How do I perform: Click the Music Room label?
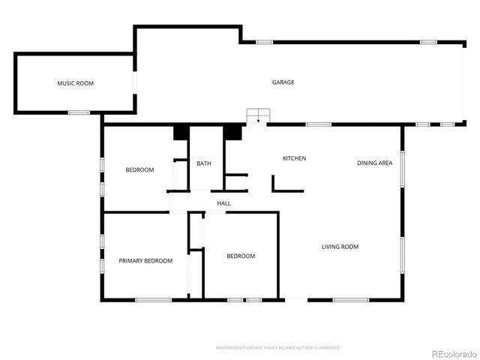(75, 83)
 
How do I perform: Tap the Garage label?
(283, 82)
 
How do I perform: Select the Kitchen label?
(294, 158)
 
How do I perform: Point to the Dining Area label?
(374, 163)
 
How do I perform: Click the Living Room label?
(340, 247)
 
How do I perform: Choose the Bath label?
(204, 163)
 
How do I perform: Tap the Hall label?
(223, 203)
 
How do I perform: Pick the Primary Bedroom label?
(145, 261)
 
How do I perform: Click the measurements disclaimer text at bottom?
(277, 348)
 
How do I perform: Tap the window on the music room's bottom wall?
(79, 112)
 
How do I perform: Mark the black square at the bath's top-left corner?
(181, 132)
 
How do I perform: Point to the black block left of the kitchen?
(232, 132)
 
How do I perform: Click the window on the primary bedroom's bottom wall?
(154, 300)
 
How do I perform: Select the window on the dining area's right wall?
(402, 169)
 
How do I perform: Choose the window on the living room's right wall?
(402, 257)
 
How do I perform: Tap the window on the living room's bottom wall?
(350, 300)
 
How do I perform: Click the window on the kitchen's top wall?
(319, 124)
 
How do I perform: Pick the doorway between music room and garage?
(135, 82)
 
